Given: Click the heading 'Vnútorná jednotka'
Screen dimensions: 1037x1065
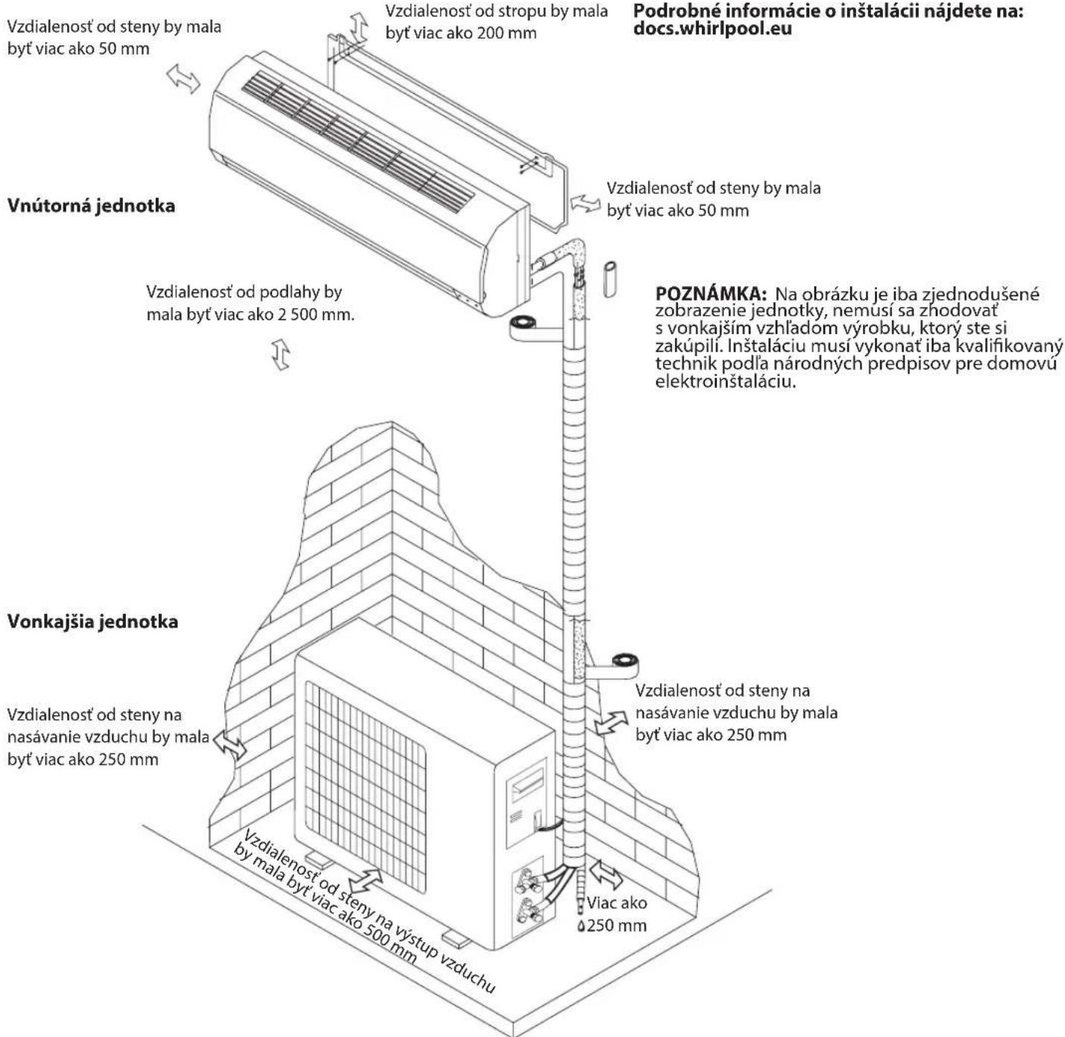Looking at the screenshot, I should tap(91, 206).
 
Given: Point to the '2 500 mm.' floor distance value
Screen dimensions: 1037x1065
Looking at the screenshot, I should tap(316, 314).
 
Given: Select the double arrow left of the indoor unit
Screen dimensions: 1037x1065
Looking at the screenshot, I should tap(183, 79).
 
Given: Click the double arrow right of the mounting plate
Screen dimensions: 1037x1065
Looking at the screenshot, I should tap(585, 202).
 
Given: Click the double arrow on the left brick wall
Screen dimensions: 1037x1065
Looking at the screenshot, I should tap(230, 745).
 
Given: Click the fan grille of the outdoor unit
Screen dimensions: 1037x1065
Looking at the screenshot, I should tap(365, 761).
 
